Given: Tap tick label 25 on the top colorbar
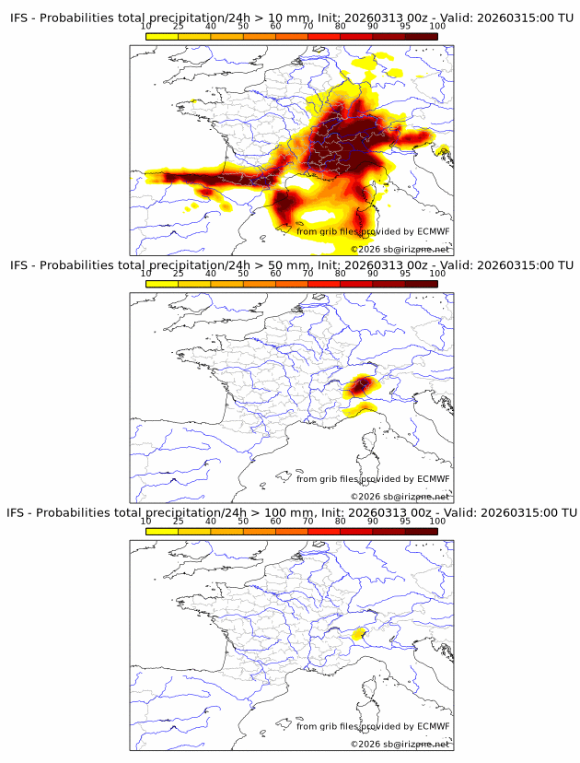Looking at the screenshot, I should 179,26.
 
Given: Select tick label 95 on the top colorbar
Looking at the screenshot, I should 405,26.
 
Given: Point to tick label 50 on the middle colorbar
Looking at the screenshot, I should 243,274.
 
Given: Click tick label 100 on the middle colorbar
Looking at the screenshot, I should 437,274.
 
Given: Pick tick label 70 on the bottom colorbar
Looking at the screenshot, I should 307,521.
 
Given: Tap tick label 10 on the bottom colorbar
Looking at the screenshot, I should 146,521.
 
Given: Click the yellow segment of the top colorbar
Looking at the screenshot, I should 162,36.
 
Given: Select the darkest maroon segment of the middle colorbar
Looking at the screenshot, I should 421,284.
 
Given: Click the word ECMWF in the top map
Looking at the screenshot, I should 433,231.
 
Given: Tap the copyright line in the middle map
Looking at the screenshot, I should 400,497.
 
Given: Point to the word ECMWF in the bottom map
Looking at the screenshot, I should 433,726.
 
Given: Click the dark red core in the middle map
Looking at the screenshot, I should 363,383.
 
